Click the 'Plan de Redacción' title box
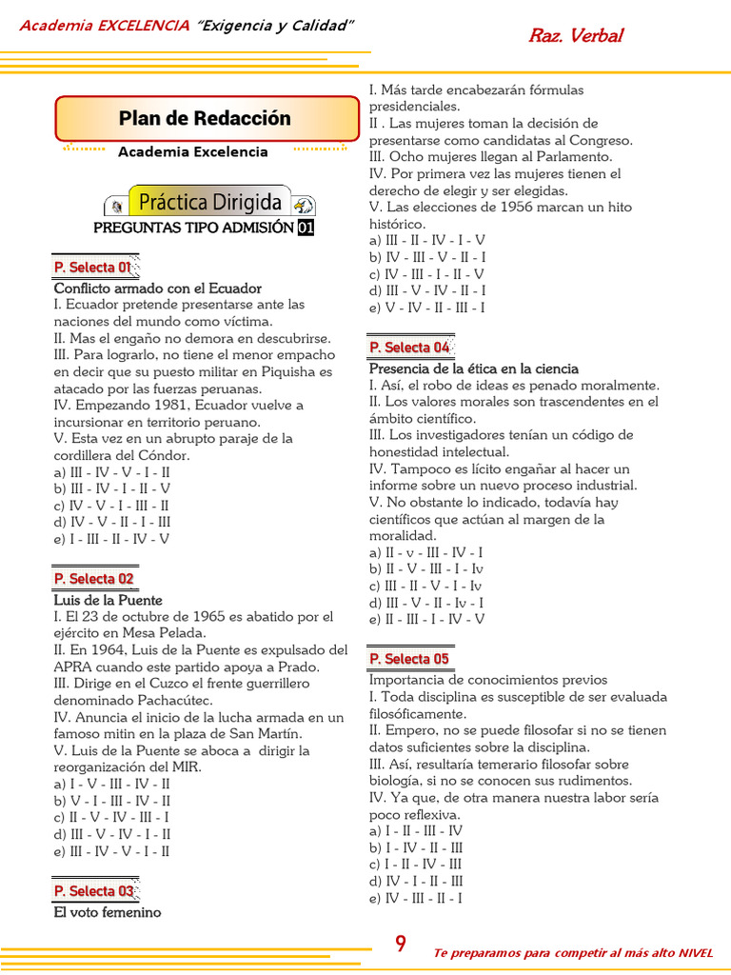tap(205, 119)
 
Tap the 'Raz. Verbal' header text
tap(575, 36)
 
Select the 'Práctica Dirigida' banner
tap(209, 202)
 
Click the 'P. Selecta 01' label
tap(93, 268)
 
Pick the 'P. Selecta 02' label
tap(93, 579)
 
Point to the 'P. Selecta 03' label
tap(93, 891)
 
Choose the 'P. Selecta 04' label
tap(409, 348)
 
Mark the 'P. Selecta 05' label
tap(409, 659)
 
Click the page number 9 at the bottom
tap(401, 945)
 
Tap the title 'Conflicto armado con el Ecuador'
tap(158, 289)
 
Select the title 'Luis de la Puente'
tap(109, 601)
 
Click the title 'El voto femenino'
tap(108, 912)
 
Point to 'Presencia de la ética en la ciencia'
tap(473, 368)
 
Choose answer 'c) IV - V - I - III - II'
tap(112, 506)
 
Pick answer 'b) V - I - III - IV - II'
tap(112, 801)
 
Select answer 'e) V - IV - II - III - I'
tap(427, 308)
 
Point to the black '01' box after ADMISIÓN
tap(305, 228)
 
